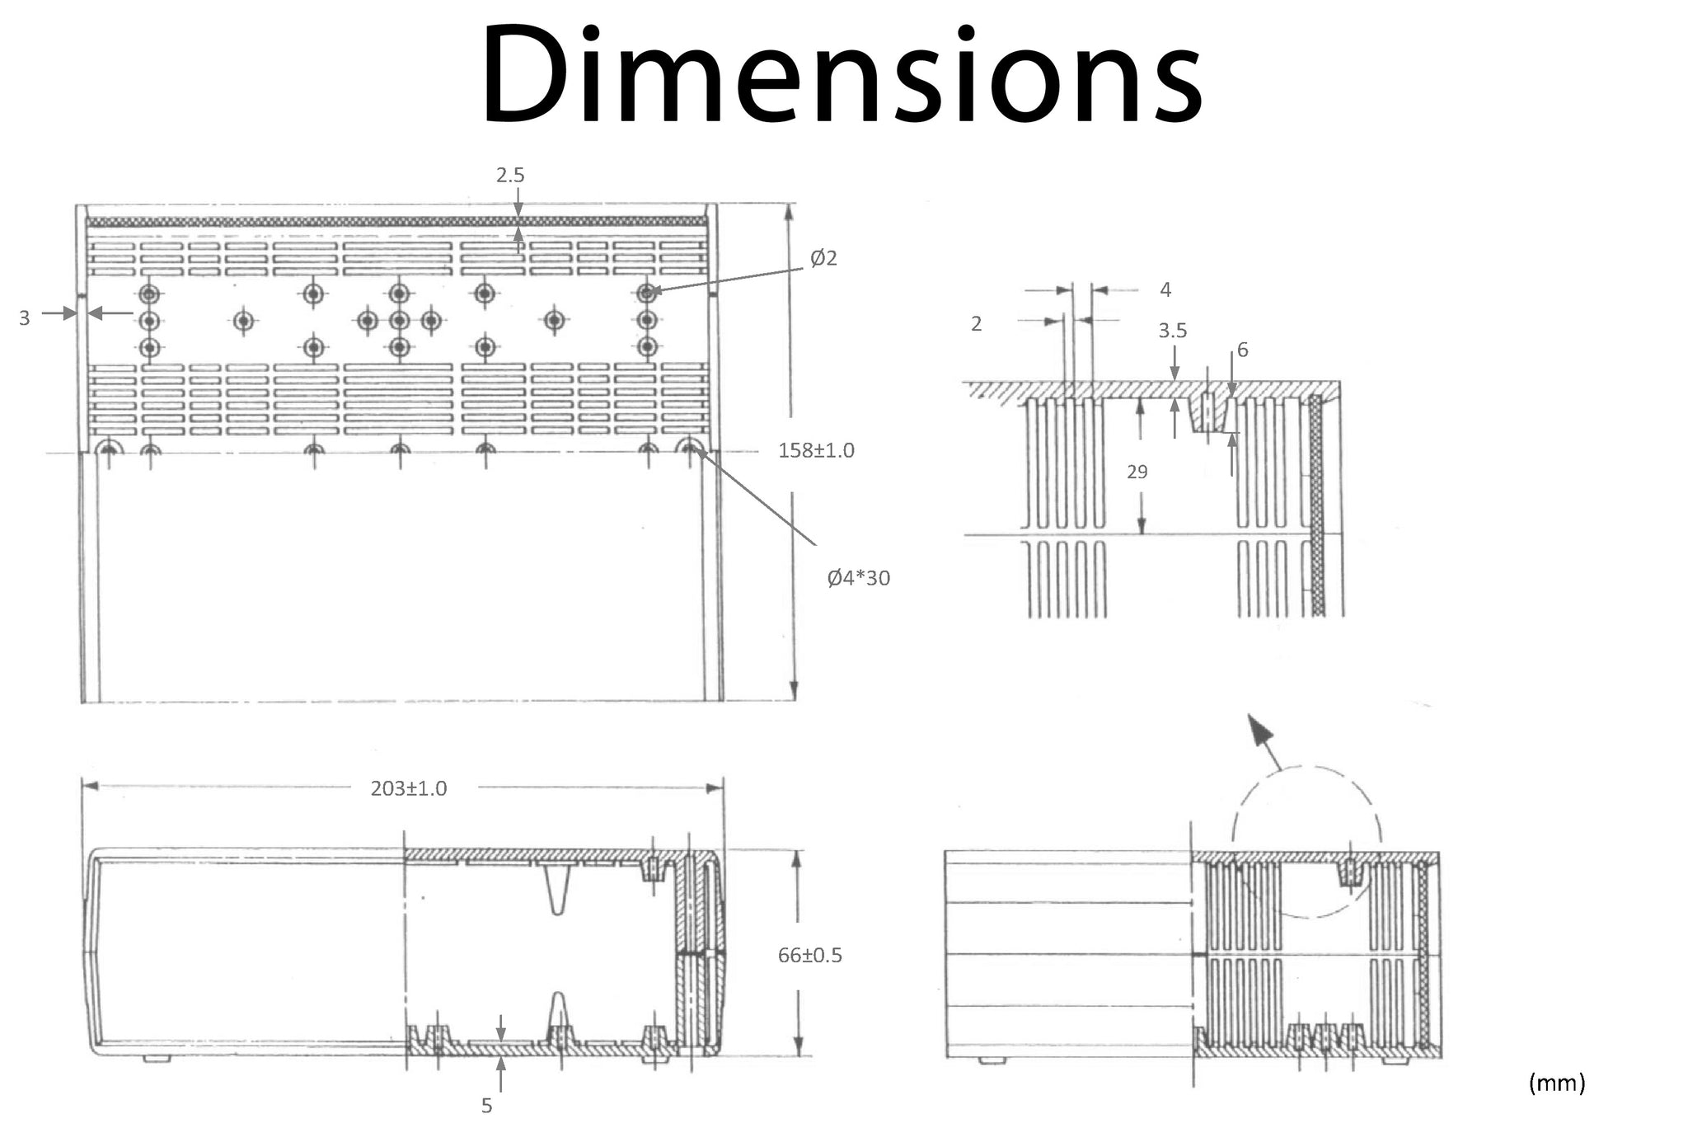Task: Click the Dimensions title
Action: [842, 75]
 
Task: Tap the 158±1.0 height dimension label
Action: [816, 450]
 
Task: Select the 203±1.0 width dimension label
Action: [409, 788]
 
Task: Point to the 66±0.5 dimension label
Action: [809, 955]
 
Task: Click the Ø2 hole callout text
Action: [823, 258]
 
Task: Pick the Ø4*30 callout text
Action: [858, 577]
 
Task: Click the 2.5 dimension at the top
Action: [510, 175]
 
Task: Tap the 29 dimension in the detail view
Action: [1137, 472]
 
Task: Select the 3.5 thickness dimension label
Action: [1172, 331]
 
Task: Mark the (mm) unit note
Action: [1557, 1083]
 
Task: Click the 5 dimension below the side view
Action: [486, 1106]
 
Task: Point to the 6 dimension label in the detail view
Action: [1242, 350]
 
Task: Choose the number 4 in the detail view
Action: [1165, 289]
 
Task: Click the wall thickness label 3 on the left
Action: [25, 317]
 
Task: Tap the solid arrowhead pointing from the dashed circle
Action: [1259, 731]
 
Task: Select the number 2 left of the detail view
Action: [976, 324]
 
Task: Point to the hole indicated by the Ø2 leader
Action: [647, 293]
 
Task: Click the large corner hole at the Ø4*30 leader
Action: [690, 449]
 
